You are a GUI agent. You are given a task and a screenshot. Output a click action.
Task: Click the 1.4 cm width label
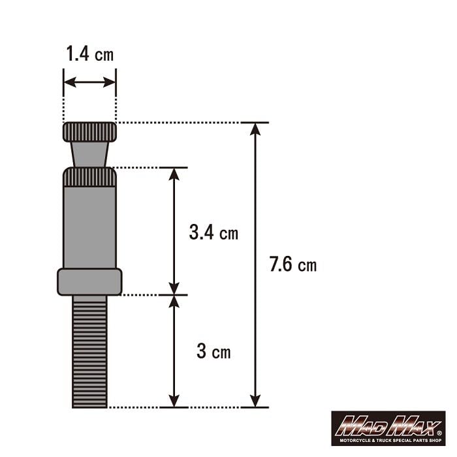(x=89, y=54)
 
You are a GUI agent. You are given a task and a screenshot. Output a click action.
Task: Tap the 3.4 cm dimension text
(x=213, y=232)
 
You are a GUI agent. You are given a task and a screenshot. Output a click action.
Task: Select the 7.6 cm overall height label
(x=292, y=264)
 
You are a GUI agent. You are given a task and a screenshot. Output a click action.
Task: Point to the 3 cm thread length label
(x=213, y=352)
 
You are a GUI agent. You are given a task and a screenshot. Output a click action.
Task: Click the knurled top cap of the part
(x=90, y=133)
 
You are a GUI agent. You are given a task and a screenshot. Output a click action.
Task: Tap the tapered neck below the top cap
(x=89, y=155)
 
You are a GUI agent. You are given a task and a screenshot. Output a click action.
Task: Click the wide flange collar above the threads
(x=89, y=281)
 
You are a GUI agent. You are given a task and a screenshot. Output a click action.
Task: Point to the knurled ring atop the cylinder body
(x=89, y=177)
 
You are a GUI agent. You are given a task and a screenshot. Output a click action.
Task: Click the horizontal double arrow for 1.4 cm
(x=90, y=83)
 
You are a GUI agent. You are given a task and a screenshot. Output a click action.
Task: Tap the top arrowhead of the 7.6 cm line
(x=255, y=129)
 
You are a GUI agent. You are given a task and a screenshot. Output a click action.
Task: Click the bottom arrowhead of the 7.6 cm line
(x=255, y=400)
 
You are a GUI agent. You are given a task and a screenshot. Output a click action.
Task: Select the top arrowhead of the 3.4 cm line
(x=174, y=174)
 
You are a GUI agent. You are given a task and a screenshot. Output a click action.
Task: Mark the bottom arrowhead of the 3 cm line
(x=174, y=400)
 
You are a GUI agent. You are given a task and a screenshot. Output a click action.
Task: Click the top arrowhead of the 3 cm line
(x=174, y=302)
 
